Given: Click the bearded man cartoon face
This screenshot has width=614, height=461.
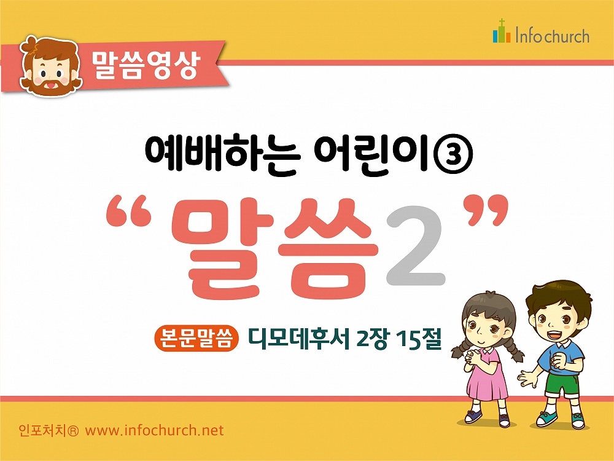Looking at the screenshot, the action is click(x=51, y=66).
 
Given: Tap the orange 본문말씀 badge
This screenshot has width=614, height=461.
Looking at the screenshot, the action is click(x=196, y=338).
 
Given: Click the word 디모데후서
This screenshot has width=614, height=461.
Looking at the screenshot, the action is click(x=298, y=338).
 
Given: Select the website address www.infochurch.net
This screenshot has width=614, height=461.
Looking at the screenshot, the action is click(x=154, y=430).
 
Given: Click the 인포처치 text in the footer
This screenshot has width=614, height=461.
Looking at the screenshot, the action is click(x=49, y=430).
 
